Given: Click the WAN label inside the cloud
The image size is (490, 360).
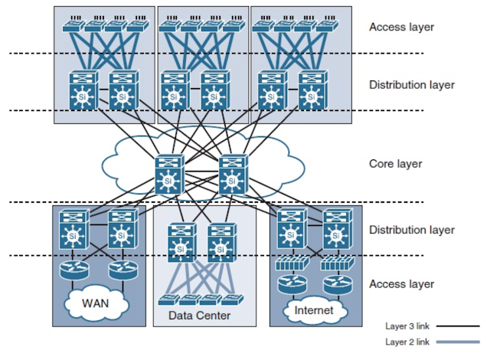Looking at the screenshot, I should (x=96, y=301).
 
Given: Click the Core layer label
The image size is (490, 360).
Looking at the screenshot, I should (x=396, y=164).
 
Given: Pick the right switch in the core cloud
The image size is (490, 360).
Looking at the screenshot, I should (x=232, y=174).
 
